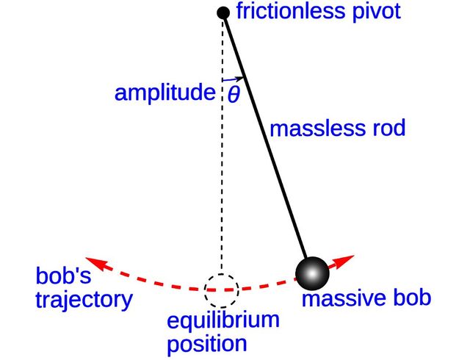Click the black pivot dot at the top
tap(224, 12)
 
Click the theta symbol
tap(234, 95)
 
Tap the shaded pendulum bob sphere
tap(313, 273)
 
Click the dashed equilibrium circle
tap(220, 290)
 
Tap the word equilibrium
tap(213, 322)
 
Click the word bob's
tap(59, 278)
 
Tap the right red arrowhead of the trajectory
tap(347, 260)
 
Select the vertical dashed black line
tap(222, 184)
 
